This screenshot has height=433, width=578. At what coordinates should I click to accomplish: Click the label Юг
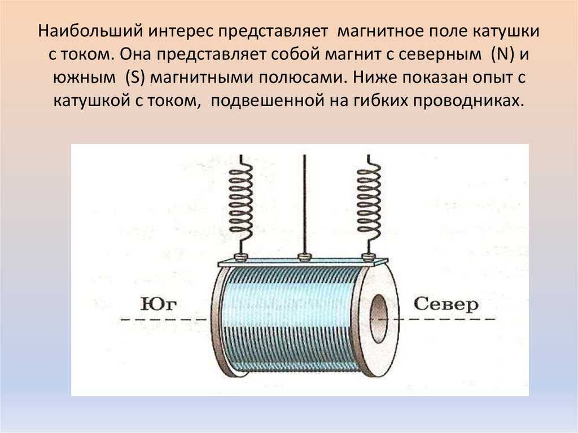(x=159, y=304)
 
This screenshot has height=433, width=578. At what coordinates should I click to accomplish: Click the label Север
(x=446, y=305)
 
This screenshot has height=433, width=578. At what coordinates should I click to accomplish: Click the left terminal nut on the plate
(x=240, y=257)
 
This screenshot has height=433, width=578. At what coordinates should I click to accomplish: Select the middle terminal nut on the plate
(x=304, y=257)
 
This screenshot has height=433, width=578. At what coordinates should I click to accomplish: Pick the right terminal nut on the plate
(x=367, y=257)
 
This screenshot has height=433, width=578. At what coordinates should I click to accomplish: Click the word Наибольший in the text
(x=90, y=31)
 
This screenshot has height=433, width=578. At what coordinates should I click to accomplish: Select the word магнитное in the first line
(x=380, y=31)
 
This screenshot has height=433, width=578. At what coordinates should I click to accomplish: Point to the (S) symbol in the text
(x=134, y=78)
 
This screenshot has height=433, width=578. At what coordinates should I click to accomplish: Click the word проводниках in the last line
(x=468, y=101)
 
